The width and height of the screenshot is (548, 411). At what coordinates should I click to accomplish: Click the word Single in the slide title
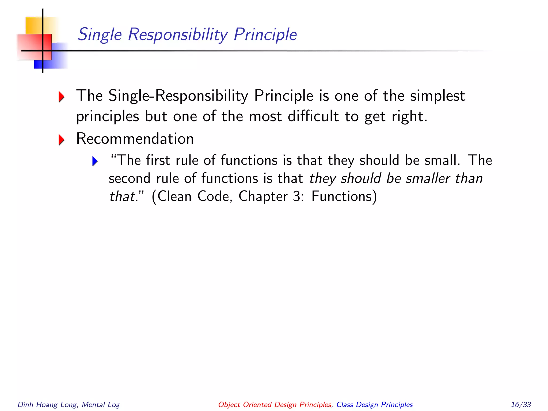100,35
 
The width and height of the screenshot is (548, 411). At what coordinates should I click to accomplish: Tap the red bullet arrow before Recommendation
62,139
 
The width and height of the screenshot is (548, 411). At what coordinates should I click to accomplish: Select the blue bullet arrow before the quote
95,161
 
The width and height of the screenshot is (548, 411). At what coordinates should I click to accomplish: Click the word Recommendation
135,139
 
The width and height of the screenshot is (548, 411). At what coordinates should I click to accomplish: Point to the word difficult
313,116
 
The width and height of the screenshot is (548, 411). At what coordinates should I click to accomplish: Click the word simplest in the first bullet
437,96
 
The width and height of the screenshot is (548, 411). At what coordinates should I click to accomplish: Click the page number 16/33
521,405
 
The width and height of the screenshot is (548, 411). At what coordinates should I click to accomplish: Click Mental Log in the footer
101,405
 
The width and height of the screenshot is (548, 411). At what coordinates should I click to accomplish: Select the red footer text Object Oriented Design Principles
275,405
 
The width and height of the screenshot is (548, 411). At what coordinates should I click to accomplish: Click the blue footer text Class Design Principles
374,405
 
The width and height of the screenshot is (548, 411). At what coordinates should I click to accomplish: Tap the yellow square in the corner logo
33,25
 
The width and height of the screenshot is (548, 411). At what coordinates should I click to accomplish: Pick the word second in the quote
130,178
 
